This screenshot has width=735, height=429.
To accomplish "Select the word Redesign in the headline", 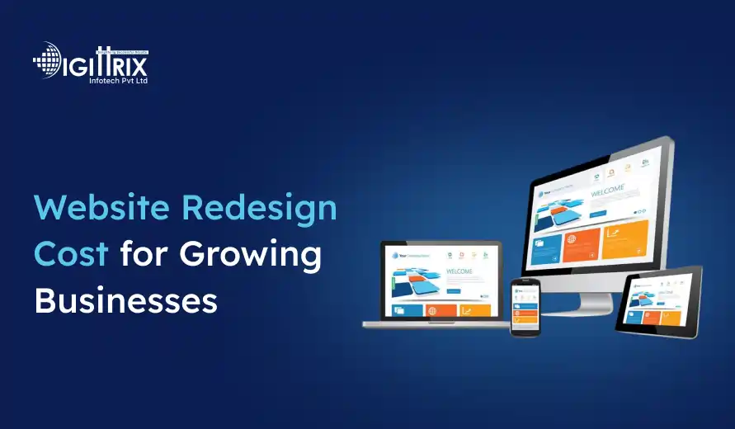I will tap(261, 209).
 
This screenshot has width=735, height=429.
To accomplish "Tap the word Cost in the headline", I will tap(70, 254).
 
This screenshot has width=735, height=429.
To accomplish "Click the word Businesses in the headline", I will tap(125, 301).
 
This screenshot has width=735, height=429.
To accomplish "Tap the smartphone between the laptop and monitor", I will tap(525, 306).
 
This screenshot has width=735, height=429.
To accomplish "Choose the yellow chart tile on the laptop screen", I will tap(474, 310).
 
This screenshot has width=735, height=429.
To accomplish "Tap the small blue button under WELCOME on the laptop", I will tap(454, 290).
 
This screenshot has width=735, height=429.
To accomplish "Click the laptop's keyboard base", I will tap(437, 323).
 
